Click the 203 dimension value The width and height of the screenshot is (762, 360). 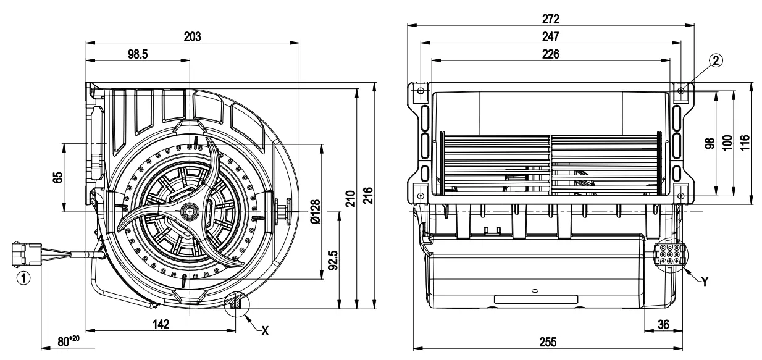tap(192, 36)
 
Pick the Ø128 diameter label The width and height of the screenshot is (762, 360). tap(315, 212)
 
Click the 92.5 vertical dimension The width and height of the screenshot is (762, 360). tap(333, 260)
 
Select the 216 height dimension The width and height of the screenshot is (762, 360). tap(368, 198)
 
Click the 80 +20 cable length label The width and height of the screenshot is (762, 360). tap(69, 340)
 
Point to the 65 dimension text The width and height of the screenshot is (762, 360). tap(57, 177)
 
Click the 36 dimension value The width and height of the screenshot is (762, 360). tap(662, 323)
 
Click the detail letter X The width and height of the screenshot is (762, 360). tap(265, 330)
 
